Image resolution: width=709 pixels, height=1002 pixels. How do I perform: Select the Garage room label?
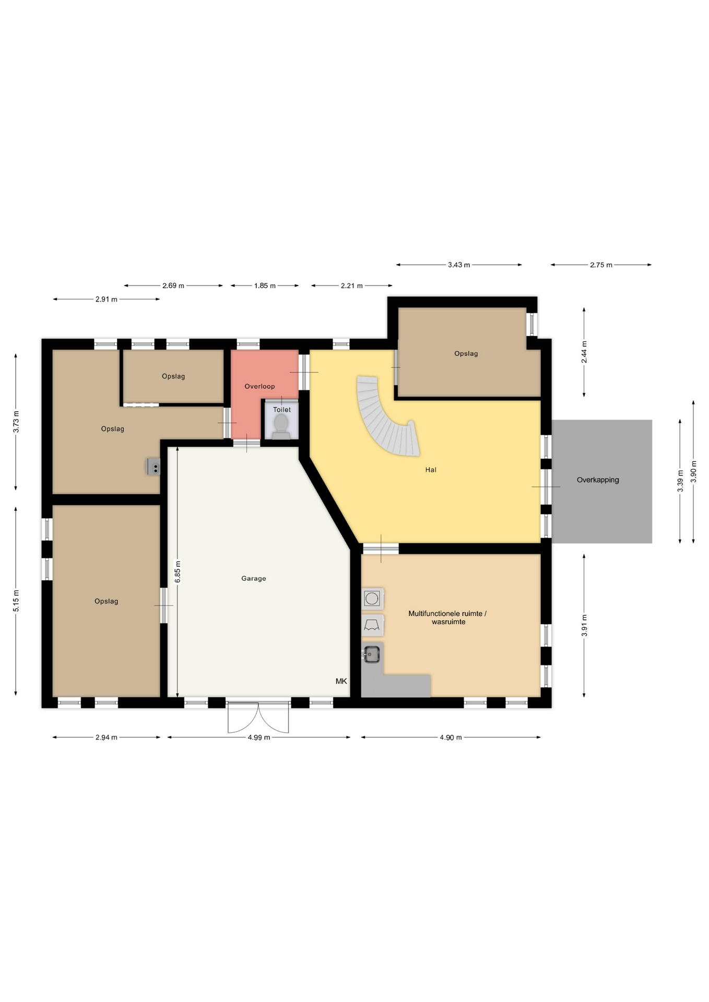click(x=254, y=578)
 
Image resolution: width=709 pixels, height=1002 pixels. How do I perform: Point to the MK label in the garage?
click(x=341, y=681)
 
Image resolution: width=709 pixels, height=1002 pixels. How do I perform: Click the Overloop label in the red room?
click(x=259, y=386)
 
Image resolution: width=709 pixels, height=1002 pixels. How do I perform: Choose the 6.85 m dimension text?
click(x=178, y=572)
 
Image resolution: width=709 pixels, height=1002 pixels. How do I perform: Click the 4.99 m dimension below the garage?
click(x=259, y=737)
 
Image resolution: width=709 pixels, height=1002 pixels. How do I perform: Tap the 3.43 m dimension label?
click(x=459, y=265)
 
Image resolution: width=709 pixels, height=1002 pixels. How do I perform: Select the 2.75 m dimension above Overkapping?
click(x=601, y=265)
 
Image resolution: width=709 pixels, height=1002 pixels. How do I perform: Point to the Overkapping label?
click(x=598, y=480)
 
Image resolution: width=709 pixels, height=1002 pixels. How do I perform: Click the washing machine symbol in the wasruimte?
click(x=372, y=599)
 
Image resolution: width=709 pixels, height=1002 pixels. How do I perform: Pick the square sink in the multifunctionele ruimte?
click(x=371, y=654)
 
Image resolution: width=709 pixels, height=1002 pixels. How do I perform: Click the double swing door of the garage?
click(x=258, y=718)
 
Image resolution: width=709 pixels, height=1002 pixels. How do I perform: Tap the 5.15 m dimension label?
click(x=16, y=601)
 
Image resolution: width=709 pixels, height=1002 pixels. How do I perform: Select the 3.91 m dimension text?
click(x=584, y=625)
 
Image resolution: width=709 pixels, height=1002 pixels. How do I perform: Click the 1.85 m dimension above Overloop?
click(x=265, y=286)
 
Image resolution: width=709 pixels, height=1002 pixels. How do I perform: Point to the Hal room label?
click(x=431, y=470)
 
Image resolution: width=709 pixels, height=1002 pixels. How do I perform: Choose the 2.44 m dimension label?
click(x=584, y=352)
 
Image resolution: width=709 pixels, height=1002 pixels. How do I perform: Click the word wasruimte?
click(x=448, y=622)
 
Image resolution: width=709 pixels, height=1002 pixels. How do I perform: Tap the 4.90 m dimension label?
click(x=451, y=737)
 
